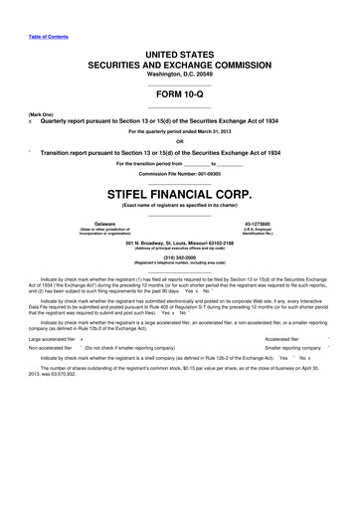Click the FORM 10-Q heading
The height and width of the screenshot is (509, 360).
pyautogui.click(x=179, y=93)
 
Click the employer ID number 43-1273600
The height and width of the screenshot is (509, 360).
pyautogui.click(x=270, y=225)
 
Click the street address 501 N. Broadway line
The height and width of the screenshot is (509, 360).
pyautogui.click(x=179, y=241)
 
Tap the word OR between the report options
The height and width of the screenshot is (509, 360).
pyautogui.click(x=179, y=140)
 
